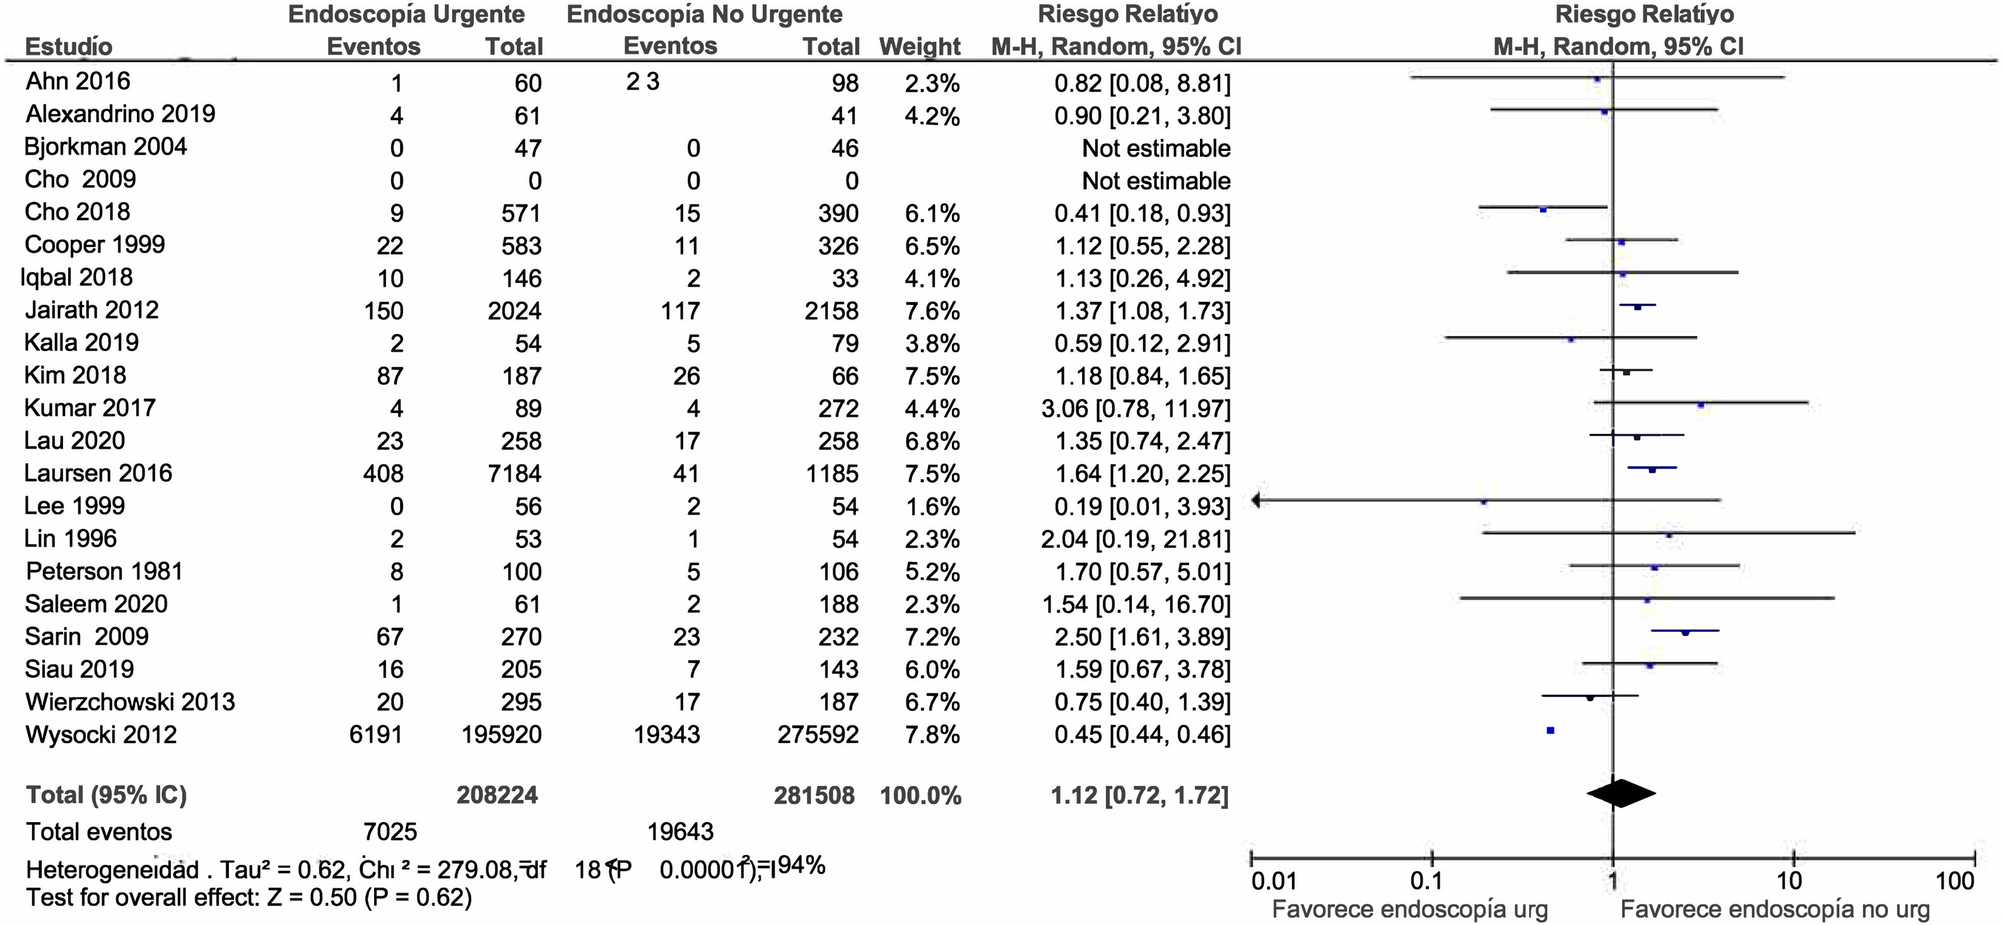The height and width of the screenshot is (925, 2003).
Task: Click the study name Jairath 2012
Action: tap(91, 311)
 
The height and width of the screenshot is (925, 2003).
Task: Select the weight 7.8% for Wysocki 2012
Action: tap(932, 735)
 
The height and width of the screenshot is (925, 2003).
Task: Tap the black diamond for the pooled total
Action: tap(1621, 794)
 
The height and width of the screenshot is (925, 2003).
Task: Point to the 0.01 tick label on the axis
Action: tap(1274, 881)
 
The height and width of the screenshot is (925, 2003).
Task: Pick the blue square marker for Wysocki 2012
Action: tap(1551, 731)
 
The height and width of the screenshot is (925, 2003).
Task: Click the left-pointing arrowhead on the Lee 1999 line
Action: tap(1257, 501)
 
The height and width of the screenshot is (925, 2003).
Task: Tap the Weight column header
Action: tap(920, 47)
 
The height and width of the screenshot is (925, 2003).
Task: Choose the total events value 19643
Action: tap(680, 832)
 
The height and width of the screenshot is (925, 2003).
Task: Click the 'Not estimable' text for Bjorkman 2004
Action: tap(1156, 148)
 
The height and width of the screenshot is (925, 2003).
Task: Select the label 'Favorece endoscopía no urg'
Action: tap(1775, 909)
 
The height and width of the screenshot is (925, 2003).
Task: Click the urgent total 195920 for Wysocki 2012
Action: tap(502, 735)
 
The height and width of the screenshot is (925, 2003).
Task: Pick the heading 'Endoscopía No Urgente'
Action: tap(705, 14)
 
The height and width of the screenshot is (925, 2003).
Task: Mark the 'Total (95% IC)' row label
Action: tap(107, 795)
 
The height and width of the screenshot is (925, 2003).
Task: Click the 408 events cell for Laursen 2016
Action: tap(384, 474)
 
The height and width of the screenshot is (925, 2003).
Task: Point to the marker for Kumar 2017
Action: tap(1701, 405)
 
